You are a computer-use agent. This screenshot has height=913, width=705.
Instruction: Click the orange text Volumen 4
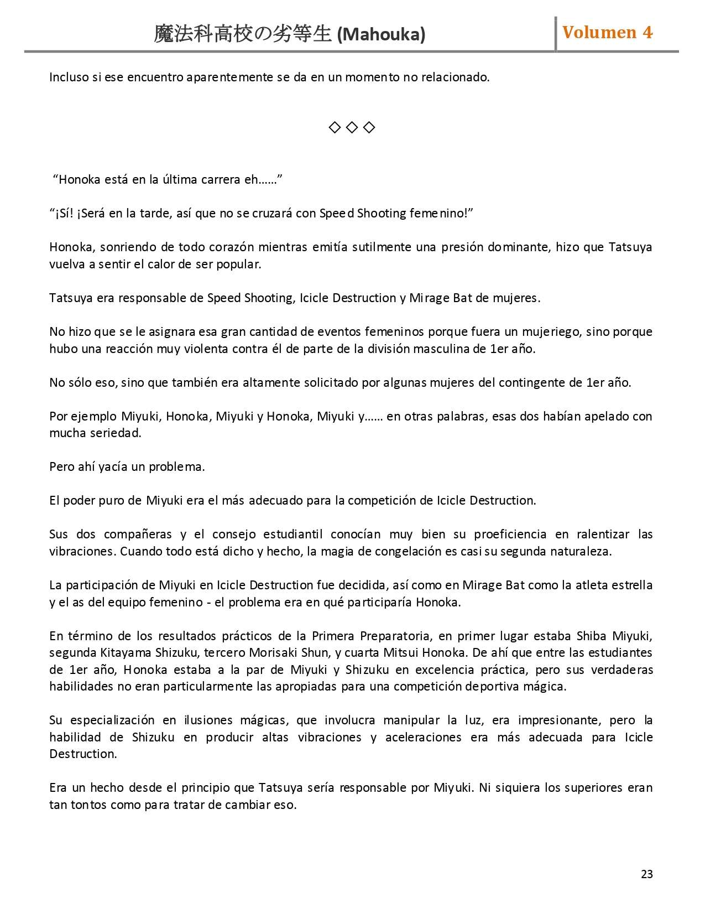607,33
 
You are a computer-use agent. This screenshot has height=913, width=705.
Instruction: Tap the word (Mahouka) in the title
381,35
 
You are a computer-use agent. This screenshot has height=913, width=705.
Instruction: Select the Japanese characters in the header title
243,34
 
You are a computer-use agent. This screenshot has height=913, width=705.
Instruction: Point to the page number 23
646,874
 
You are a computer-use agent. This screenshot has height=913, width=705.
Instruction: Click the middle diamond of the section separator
352,128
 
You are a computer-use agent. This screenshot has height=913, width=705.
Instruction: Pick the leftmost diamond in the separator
335,128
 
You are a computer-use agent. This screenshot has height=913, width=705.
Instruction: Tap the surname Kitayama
125,653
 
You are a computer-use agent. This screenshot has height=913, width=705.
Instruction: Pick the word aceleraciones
423,738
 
